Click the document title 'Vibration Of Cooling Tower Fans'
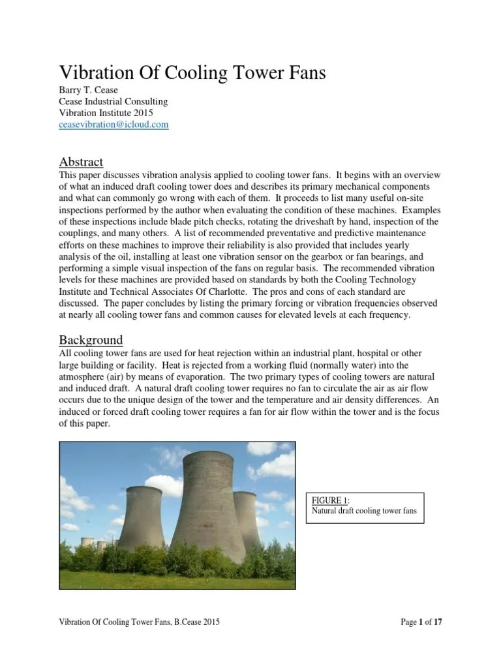tap(192, 73)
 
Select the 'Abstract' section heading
tap(81, 162)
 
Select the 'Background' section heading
tap(91, 340)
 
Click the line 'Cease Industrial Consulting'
tap(114, 102)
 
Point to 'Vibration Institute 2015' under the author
tap(106, 113)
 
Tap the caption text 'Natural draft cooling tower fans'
tap(363, 511)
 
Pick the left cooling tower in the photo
tap(140, 519)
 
